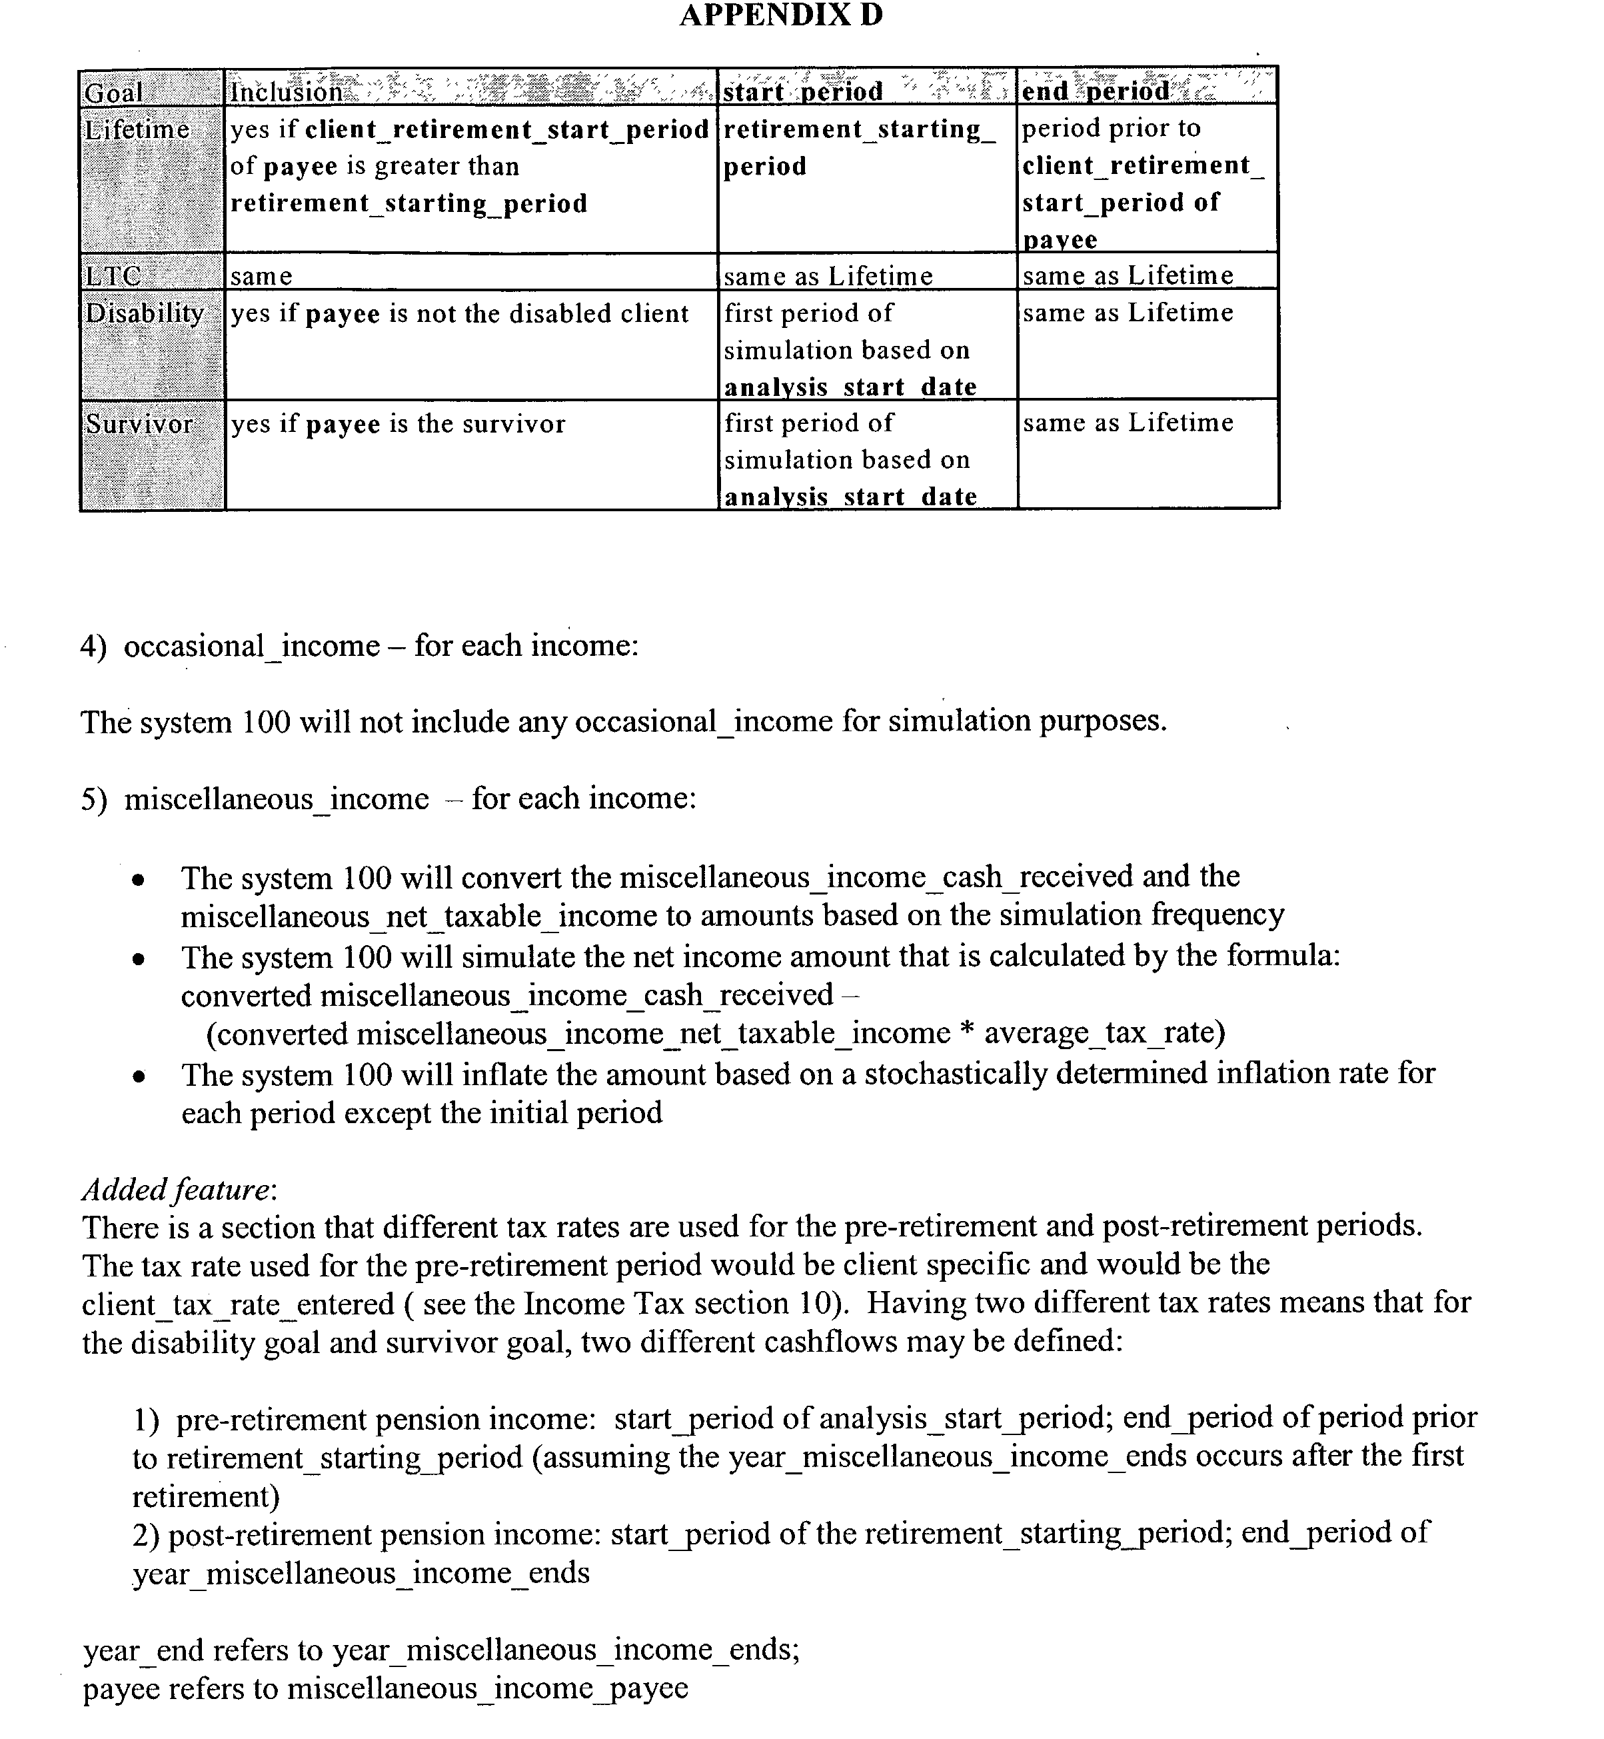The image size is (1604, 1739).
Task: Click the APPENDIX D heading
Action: pos(780,15)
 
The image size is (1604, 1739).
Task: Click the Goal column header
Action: pos(114,91)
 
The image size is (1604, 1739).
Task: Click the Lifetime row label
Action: pos(137,129)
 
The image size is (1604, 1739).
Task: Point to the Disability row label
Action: pos(144,313)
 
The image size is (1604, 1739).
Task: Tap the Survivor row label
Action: pos(139,424)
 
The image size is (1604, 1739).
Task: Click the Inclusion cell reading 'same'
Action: pos(261,276)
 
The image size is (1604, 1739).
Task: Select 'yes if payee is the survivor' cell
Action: pos(398,424)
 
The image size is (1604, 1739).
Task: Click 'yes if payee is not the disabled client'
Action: pos(459,313)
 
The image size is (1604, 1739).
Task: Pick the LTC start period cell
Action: pos(828,276)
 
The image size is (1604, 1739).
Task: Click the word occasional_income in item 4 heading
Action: pos(252,647)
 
